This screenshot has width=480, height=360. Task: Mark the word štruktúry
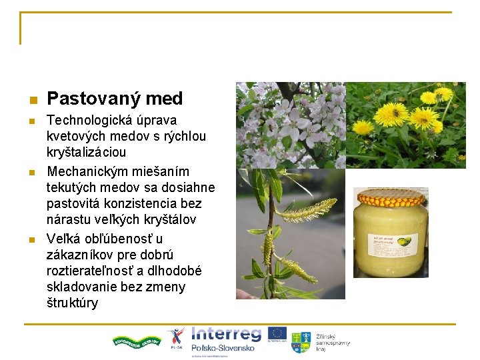click(x=73, y=303)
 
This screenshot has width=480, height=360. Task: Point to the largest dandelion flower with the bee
click(x=391, y=113)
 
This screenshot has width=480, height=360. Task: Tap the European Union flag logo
click(x=278, y=334)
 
